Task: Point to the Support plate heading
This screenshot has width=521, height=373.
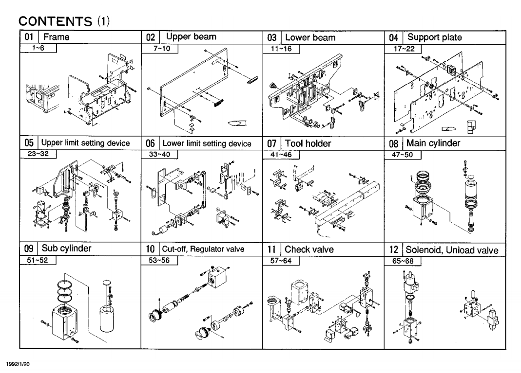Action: (x=434, y=37)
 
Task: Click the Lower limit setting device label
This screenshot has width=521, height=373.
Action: (x=207, y=143)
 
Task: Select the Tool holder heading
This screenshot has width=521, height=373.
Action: (x=308, y=143)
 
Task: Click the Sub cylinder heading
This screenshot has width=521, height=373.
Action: (x=67, y=249)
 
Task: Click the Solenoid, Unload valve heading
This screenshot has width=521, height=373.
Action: (x=452, y=249)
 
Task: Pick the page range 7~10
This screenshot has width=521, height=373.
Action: (x=159, y=48)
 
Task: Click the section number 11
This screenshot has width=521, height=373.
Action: (x=272, y=249)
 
